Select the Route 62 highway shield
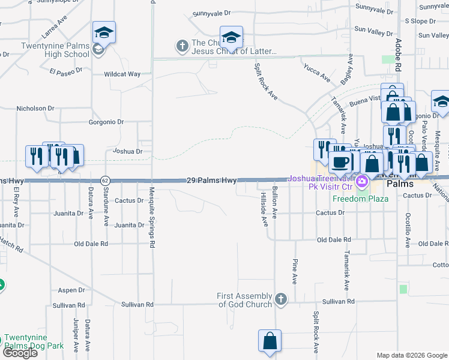[x=105, y=180]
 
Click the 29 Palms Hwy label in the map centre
[x=211, y=180]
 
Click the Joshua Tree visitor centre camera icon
[x=361, y=181]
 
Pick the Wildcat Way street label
[x=122, y=74]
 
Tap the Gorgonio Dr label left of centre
[x=106, y=122]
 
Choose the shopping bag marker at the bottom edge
[x=270, y=340]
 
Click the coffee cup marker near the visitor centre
[x=340, y=161]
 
